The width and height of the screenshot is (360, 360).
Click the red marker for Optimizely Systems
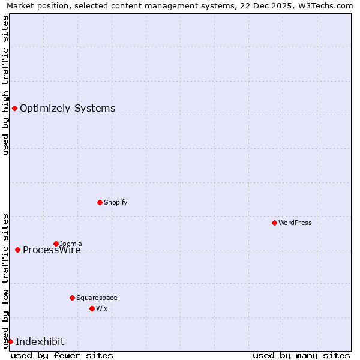pos(14,108)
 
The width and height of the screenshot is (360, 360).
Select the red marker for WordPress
pos(274,223)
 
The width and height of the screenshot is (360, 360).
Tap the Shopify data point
pos(100,202)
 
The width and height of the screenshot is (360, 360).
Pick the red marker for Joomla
pos(56,244)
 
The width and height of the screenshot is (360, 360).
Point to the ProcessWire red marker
pos(17,250)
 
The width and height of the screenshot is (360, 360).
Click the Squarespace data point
pos(72,298)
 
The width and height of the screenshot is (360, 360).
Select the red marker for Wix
pos(92,308)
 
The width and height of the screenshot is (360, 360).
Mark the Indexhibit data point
pos(10,341)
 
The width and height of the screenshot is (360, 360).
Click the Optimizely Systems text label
pos(67,109)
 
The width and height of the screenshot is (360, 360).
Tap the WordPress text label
pos(295,223)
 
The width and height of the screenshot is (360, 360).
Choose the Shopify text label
pos(115,202)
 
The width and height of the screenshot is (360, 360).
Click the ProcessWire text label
pos(52,250)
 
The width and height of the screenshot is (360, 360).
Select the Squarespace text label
pos(97,298)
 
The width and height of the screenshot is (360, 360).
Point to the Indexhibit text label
pos(40,342)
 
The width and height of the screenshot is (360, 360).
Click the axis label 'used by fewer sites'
pos(62,355)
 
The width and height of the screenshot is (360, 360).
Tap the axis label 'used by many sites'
pos(301,355)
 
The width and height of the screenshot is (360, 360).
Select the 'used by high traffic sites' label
pos(5,85)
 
